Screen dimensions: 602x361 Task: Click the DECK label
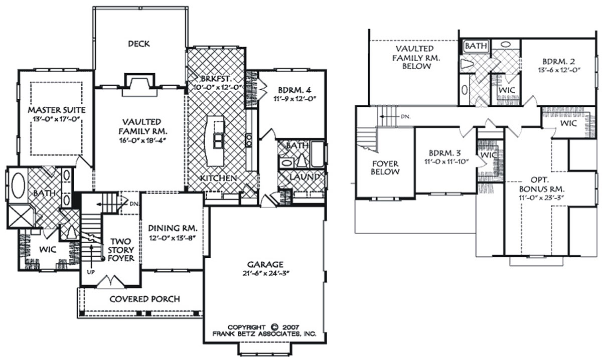[138, 44]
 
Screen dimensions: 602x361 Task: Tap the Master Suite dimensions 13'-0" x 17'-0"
[57, 119]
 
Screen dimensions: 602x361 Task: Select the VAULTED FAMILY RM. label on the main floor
[143, 126]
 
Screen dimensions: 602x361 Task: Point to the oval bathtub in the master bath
[18, 186]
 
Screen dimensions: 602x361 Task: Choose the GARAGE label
[265, 265]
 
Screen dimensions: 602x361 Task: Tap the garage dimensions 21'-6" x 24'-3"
[265, 273]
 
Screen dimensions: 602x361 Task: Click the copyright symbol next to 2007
[274, 327]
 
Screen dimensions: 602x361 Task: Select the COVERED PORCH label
[144, 299]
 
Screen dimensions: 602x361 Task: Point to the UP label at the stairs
[91, 272]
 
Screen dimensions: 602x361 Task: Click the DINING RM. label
[173, 228]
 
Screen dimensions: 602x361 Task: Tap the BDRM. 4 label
[294, 90]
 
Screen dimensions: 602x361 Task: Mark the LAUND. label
[306, 176]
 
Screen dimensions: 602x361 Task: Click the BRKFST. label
[216, 79]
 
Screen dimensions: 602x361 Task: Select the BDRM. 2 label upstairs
[558, 62]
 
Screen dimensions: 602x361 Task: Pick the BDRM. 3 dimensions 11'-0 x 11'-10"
[446, 161]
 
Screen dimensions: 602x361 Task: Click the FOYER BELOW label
[385, 167]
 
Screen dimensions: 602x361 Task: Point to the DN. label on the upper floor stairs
[405, 116]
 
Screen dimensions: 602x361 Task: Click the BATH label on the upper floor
[476, 46]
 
